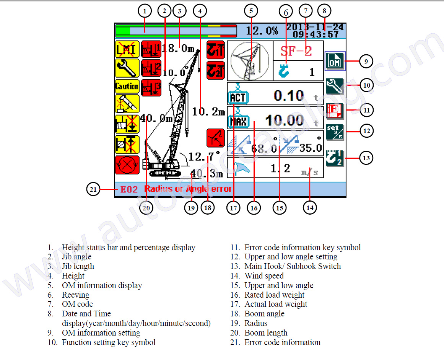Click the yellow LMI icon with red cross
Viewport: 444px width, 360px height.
(126, 49)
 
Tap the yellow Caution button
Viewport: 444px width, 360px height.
(127, 86)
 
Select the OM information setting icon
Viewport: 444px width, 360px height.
(335, 61)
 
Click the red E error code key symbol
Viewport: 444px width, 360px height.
(335, 111)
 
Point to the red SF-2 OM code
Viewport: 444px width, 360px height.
(296, 50)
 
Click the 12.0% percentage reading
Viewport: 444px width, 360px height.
(262, 31)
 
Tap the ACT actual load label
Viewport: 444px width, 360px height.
(237, 98)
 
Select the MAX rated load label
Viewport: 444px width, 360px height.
(237, 122)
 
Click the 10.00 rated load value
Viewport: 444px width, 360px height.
(285, 121)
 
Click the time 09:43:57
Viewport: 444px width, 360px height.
(316, 34)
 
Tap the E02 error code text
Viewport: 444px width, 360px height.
(129, 189)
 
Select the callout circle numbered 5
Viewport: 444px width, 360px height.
(251, 11)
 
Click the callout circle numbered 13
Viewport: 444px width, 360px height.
(366, 158)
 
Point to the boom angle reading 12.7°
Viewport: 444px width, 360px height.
(204, 156)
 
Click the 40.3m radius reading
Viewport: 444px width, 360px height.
(207, 174)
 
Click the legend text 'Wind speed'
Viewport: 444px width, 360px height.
(264, 276)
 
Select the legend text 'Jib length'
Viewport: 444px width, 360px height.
(78, 266)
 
